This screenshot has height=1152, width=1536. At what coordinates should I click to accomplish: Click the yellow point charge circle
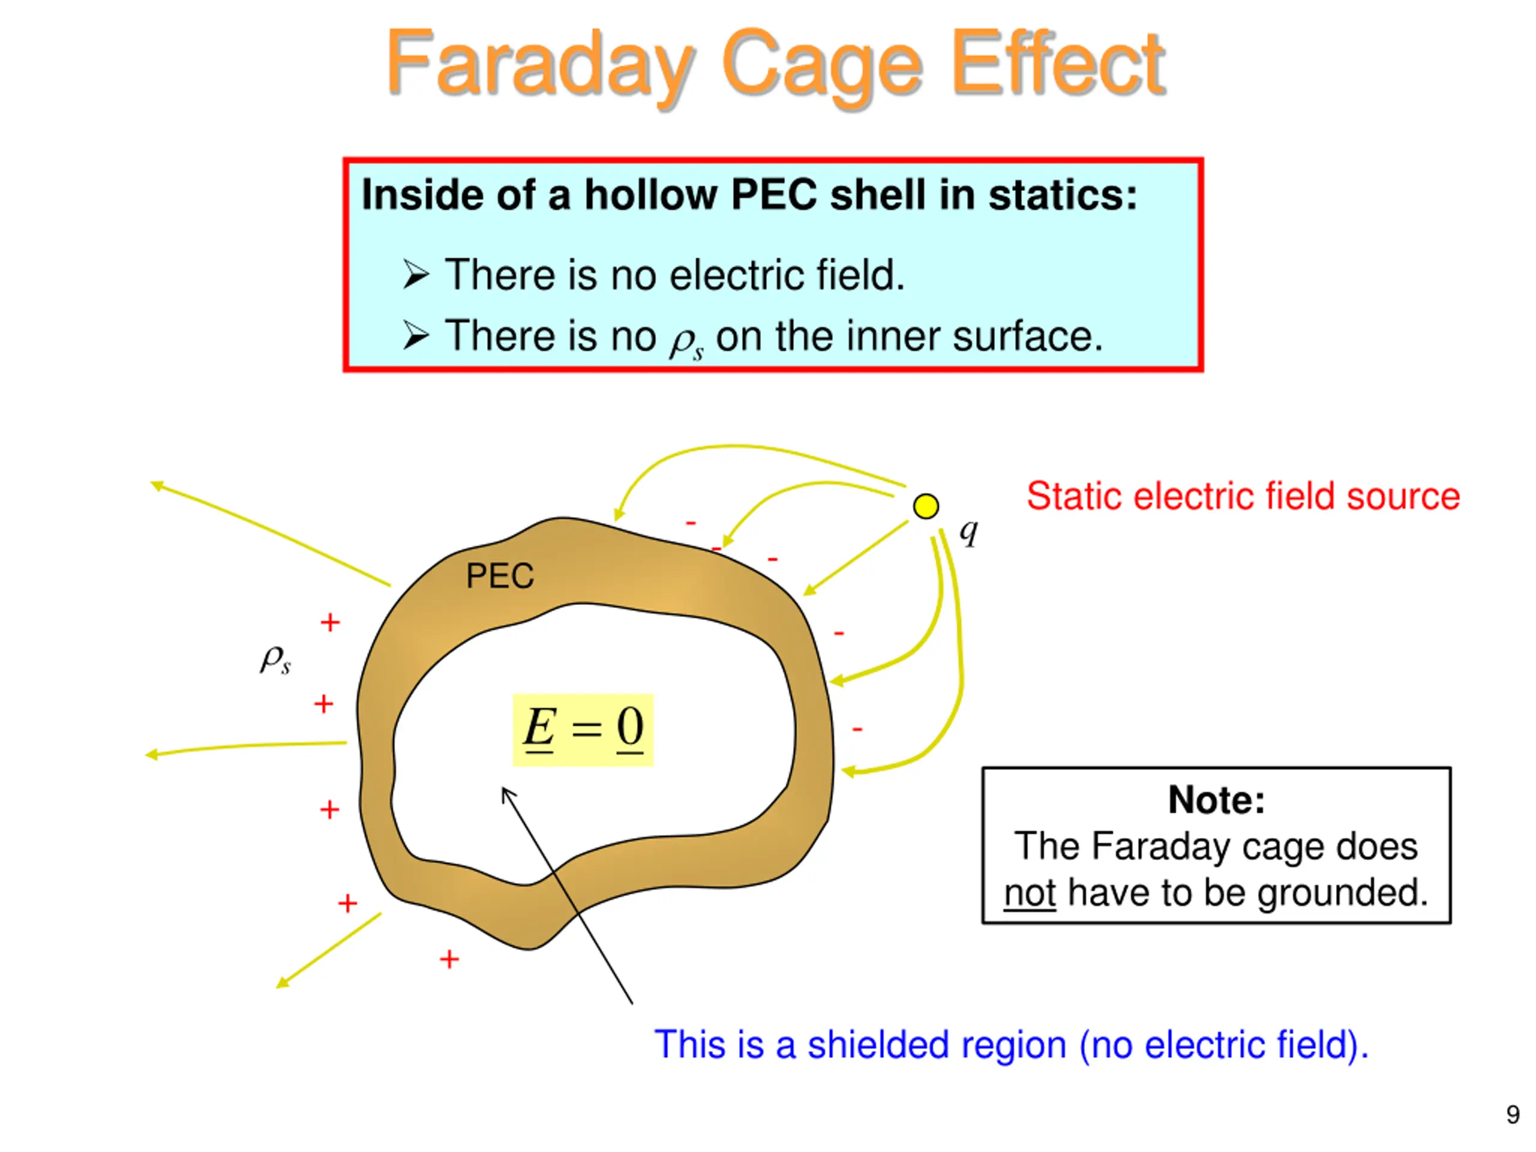pyautogui.click(x=926, y=506)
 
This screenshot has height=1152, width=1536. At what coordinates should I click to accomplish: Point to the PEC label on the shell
pyautogui.click(x=500, y=575)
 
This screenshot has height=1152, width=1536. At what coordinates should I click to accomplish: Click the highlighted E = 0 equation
pyautogui.click(x=583, y=729)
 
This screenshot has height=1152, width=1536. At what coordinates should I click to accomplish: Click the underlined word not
pyautogui.click(x=1030, y=893)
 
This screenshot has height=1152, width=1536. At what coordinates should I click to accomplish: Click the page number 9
pyautogui.click(x=1513, y=1115)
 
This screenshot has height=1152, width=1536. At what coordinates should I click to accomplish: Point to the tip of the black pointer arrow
pyautogui.click(x=503, y=790)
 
